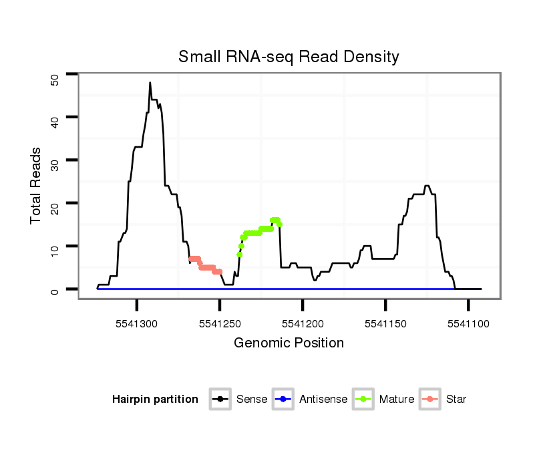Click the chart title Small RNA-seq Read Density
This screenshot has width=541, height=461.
click(x=289, y=57)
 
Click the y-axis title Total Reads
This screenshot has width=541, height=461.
click(x=37, y=186)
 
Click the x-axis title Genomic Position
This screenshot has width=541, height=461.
click(x=289, y=343)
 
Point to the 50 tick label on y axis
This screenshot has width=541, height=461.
click(x=55, y=79)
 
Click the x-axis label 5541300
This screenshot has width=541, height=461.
click(x=137, y=323)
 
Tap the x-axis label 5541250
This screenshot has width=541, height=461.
click(x=220, y=323)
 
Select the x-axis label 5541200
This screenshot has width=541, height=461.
click(x=303, y=323)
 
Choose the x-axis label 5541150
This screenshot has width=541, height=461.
click(x=385, y=323)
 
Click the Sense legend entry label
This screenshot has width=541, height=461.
click(x=252, y=400)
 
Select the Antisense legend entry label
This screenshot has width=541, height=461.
click(x=323, y=400)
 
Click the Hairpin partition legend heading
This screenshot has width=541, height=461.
click(x=155, y=400)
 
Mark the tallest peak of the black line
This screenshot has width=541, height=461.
click(x=150, y=83)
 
